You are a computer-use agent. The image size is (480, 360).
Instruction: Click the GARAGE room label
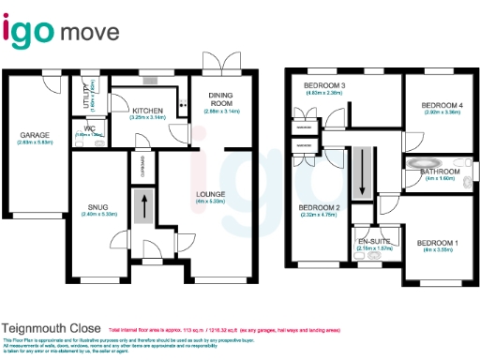point(36,135)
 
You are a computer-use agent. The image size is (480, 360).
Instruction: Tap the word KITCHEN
point(149,111)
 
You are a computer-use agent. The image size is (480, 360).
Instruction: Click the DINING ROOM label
point(221,98)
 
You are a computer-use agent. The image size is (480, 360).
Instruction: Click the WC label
point(90,127)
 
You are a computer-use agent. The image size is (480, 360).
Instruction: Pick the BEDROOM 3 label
point(325,86)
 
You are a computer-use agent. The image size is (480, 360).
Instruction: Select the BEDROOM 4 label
point(442,104)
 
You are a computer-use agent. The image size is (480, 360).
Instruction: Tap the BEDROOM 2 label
point(319,207)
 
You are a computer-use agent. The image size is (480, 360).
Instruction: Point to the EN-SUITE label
point(374,241)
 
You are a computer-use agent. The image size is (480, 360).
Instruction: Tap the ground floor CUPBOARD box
point(142,163)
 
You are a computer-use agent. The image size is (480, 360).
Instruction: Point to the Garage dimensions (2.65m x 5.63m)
point(36,143)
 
